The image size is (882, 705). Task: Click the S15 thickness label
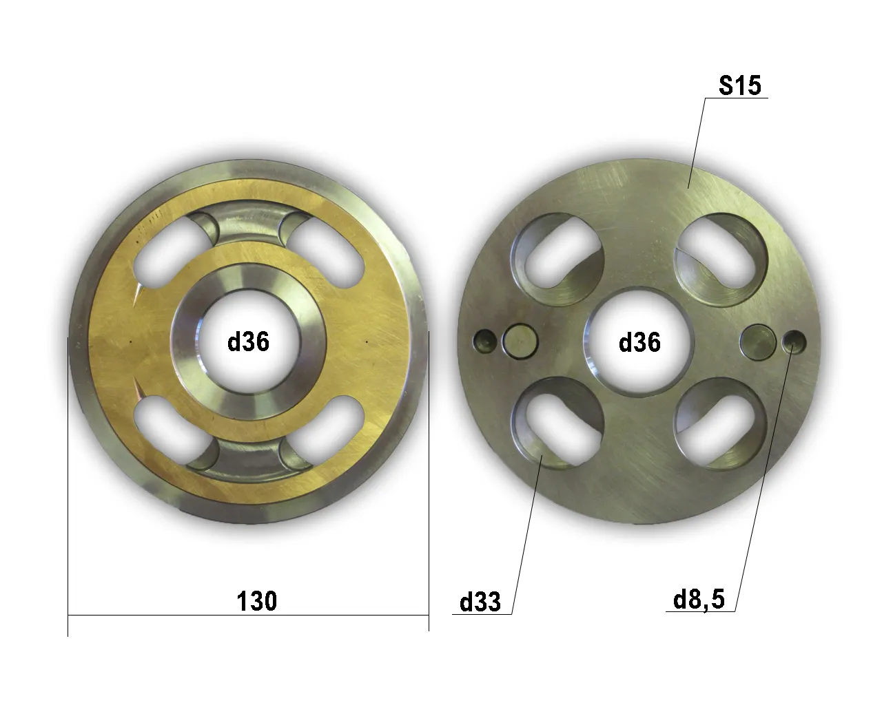(740, 85)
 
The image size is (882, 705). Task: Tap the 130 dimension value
(257, 601)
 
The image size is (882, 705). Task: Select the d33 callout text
(480, 602)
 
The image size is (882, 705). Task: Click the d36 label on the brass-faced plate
(248, 341)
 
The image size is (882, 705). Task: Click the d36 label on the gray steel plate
(639, 342)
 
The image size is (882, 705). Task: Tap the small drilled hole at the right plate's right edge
(794, 342)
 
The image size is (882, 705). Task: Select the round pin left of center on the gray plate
(520, 341)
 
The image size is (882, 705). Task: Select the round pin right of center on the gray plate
(758, 342)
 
